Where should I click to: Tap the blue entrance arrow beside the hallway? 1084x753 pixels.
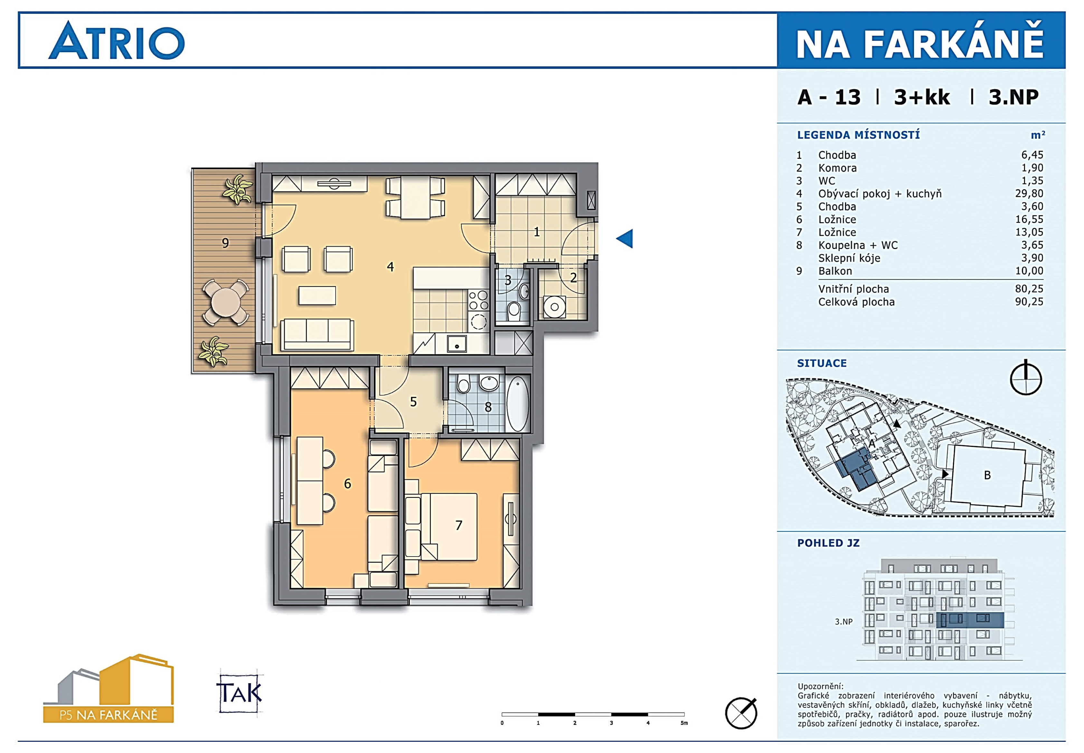[x=625, y=238]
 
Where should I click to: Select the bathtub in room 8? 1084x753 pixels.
[x=518, y=404]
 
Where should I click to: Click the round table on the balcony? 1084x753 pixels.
[x=225, y=302]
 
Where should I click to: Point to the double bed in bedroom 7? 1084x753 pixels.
[x=449, y=527]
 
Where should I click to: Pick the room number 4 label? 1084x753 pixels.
[x=390, y=267]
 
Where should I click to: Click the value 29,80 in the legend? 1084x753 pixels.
[x=1029, y=194]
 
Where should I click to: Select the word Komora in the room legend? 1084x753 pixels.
[x=837, y=168]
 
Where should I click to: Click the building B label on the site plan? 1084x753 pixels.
[x=987, y=475]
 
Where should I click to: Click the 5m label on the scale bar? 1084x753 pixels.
[x=684, y=723]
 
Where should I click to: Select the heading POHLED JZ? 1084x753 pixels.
[x=828, y=543]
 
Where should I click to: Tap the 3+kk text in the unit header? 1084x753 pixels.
[x=922, y=97]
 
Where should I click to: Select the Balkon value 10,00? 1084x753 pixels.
[x=1029, y=271]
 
